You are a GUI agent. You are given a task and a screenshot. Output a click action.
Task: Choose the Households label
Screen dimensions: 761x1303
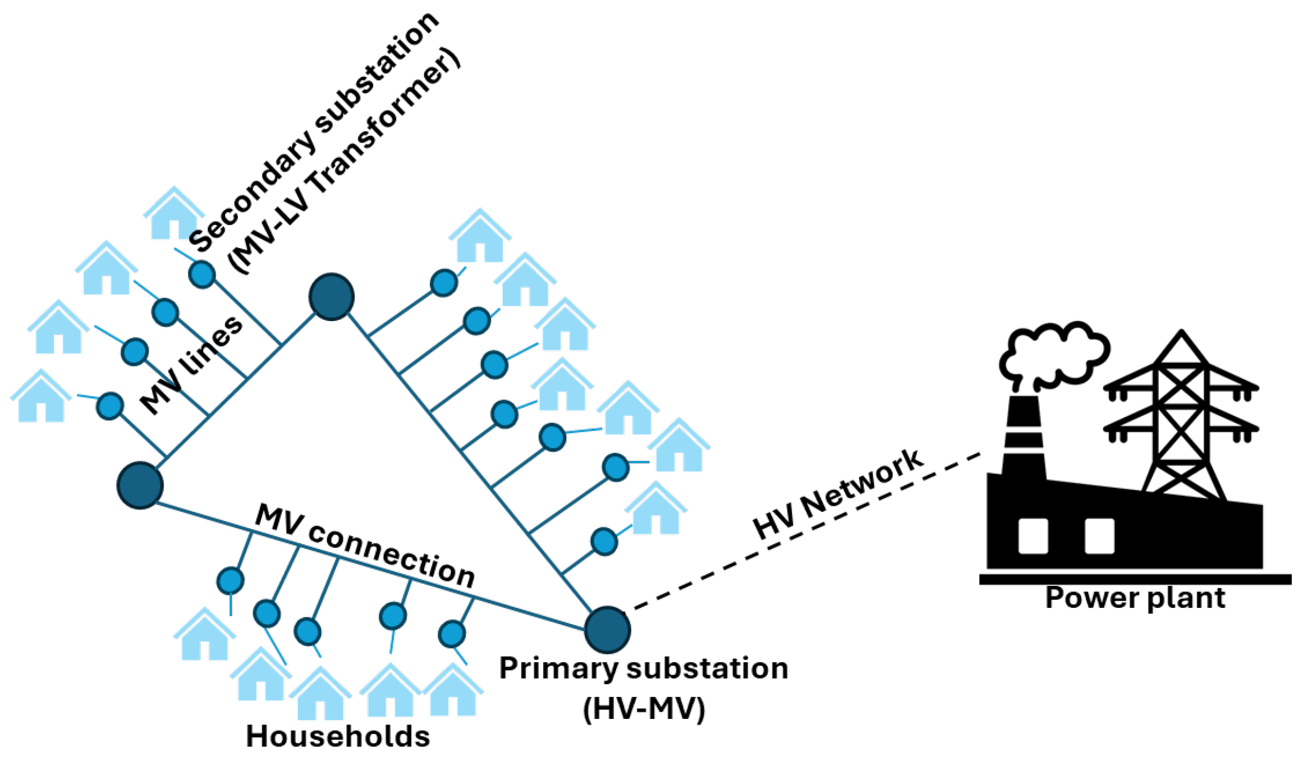(x=338, y=736)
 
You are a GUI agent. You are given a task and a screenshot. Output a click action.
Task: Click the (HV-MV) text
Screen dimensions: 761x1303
(x=644, y=708)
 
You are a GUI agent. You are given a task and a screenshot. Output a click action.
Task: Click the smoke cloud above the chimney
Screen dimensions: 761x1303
(x=1052, y=354)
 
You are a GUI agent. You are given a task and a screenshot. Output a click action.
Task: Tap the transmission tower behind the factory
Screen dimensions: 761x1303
(x=1181, y=415)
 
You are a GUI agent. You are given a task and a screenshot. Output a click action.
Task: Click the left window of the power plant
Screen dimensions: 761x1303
(x=1033, y=536)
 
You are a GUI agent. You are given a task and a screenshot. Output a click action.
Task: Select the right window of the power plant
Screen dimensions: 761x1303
(x=1099, y=536)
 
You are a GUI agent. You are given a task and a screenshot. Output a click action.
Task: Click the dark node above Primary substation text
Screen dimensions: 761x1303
(x=607, y=630)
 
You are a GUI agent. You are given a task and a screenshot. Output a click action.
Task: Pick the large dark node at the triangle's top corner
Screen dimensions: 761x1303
(x=331, y=297)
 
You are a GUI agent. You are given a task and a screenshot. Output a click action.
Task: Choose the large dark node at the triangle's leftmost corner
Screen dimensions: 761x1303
(x=140, y=485)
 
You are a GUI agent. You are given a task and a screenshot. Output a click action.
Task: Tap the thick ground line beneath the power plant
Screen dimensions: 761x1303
(x=1134, y=580)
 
